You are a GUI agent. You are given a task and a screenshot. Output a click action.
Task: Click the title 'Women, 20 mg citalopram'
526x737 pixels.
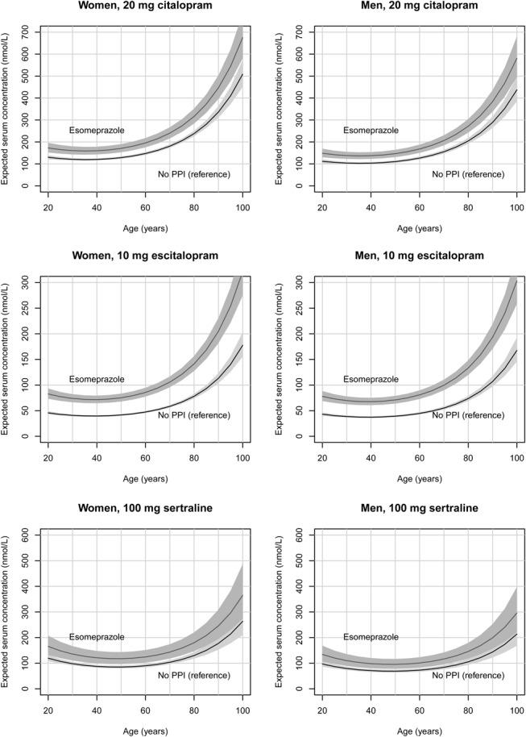click(x=145, y=6)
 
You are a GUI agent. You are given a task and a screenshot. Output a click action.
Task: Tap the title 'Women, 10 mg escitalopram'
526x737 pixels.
click(x=145, y=256)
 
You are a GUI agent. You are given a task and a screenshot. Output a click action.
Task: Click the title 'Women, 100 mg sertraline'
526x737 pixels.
click(x=145, y=507)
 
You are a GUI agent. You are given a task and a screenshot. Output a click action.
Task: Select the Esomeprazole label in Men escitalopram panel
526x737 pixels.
click(x=370, y=380)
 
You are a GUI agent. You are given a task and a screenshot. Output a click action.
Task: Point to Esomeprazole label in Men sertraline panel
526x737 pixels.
click(x=370, y=637)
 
